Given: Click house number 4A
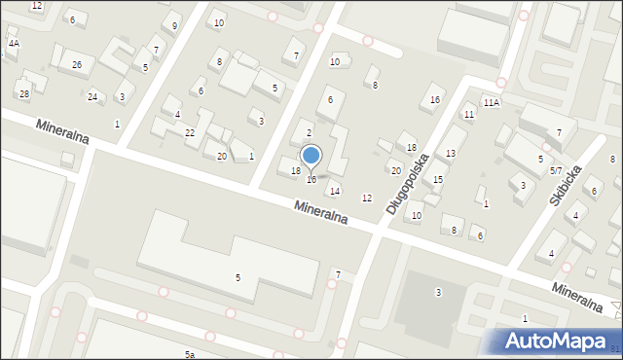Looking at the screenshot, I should tap(14, 44).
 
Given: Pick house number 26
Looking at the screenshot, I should tap(77, 65).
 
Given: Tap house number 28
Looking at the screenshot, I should tap(23, 93).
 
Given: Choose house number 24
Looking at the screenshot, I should tap(92, 96).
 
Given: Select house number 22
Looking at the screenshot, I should tap(190, 132).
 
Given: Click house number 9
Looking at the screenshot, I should tap(174, 25).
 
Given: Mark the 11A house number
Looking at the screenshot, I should tap(491, 102).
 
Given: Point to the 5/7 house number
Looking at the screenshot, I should tap(556, 170).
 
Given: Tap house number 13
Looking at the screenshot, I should tap(451, 154).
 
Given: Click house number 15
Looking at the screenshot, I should tap(438, 180).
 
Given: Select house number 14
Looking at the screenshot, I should tap(335, 191).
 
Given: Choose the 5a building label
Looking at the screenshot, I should tap(190, 355).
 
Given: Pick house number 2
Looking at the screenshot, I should tap(310, 133).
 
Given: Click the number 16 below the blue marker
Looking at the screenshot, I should tap(311, 179).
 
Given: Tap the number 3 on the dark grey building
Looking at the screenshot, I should tap(438, 292).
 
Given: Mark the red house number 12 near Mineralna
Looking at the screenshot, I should tap(367, 198).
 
